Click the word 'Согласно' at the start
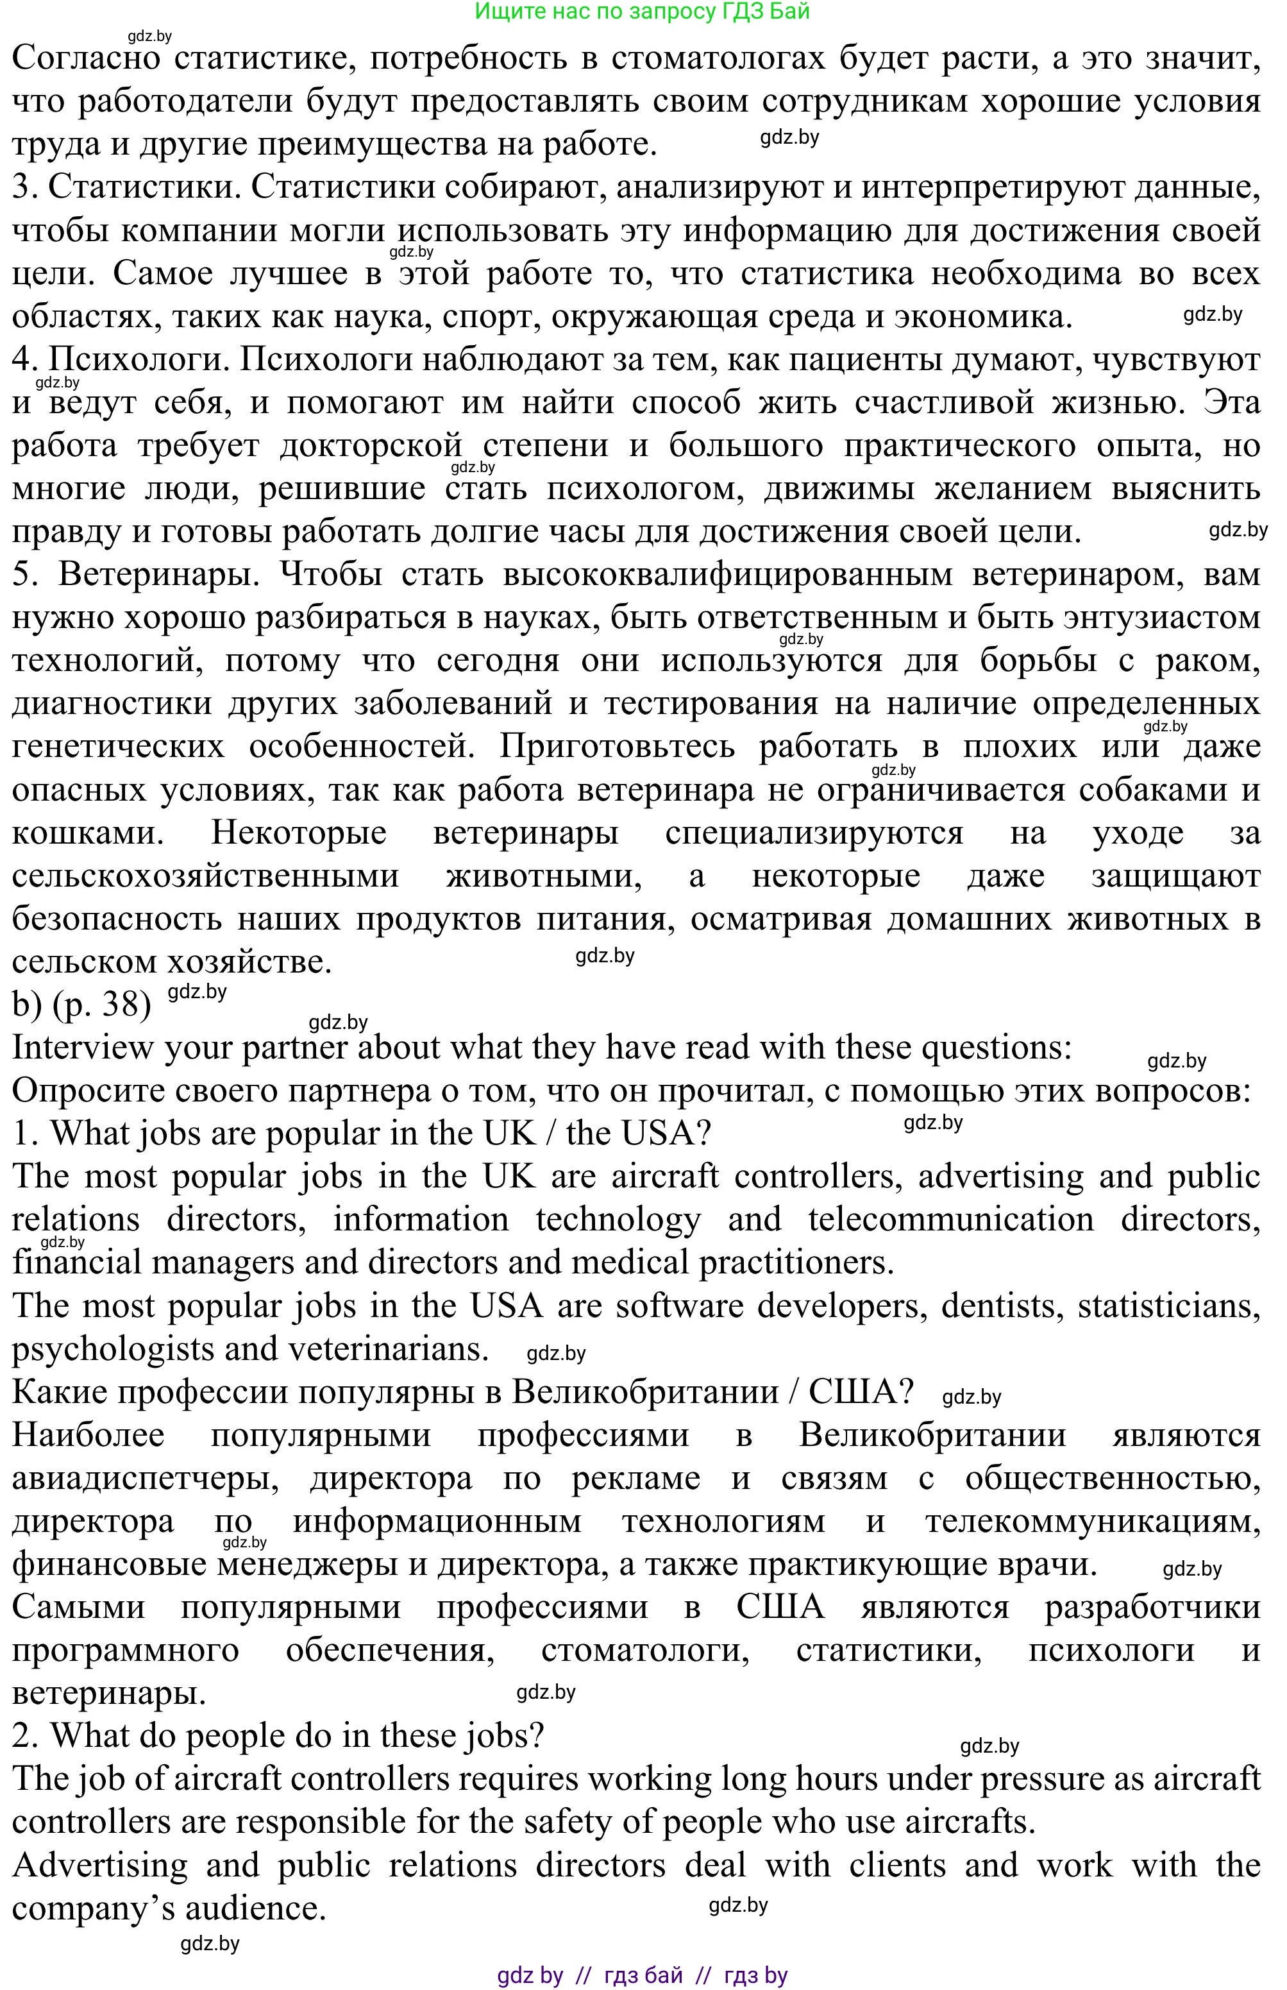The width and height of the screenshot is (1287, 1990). pyautogui.click(x=86, y=58)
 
